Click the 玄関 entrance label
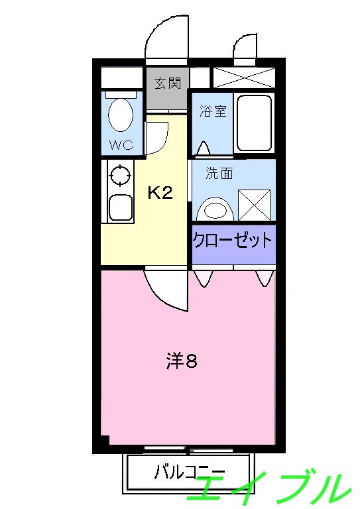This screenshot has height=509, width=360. coord(168,84)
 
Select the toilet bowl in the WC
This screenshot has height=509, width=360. coord(120,115)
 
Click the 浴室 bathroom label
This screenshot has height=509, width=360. coord(213,111)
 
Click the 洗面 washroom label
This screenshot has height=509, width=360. coord(219,174)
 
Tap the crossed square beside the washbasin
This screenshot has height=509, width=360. coord(254,205)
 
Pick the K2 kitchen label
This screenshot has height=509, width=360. coord(160,193)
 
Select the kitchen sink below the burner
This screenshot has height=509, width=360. coord(120,208)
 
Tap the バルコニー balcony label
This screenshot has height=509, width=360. coord(190,473)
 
